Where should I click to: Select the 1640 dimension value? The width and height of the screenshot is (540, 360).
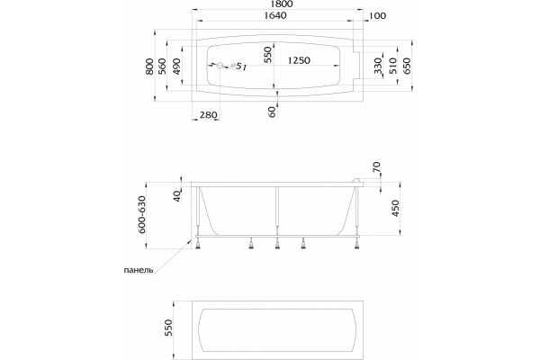(275, 15)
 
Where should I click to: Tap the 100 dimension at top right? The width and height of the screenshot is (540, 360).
(377, 16)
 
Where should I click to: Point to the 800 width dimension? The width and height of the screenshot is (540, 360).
(149, 67)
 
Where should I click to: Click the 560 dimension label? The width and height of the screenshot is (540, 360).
(162, 66)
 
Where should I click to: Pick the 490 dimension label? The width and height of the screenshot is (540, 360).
(176, 67)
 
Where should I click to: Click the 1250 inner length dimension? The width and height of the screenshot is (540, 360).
(299, 60)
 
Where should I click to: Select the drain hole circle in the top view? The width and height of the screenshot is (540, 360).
(220, 66)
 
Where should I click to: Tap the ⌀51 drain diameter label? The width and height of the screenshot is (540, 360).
(239, 67)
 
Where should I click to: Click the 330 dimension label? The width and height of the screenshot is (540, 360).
(378, 66)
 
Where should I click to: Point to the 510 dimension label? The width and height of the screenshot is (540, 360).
(393, 66)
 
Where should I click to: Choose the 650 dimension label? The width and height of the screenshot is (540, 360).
(407, 66)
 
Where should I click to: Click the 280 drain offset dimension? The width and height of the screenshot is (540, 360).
(209, 114)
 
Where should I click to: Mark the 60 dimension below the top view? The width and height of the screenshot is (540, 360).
(272, 112)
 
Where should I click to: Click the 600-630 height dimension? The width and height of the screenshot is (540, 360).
(142, 214)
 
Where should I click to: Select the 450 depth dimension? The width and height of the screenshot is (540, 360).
(395, 208)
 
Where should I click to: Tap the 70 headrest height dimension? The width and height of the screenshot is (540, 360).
(376, 167)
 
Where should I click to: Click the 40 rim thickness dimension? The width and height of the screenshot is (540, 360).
(177, 196)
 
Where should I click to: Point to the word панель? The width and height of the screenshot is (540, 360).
(139, 270)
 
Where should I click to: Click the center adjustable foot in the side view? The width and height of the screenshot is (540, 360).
(277, 245)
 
